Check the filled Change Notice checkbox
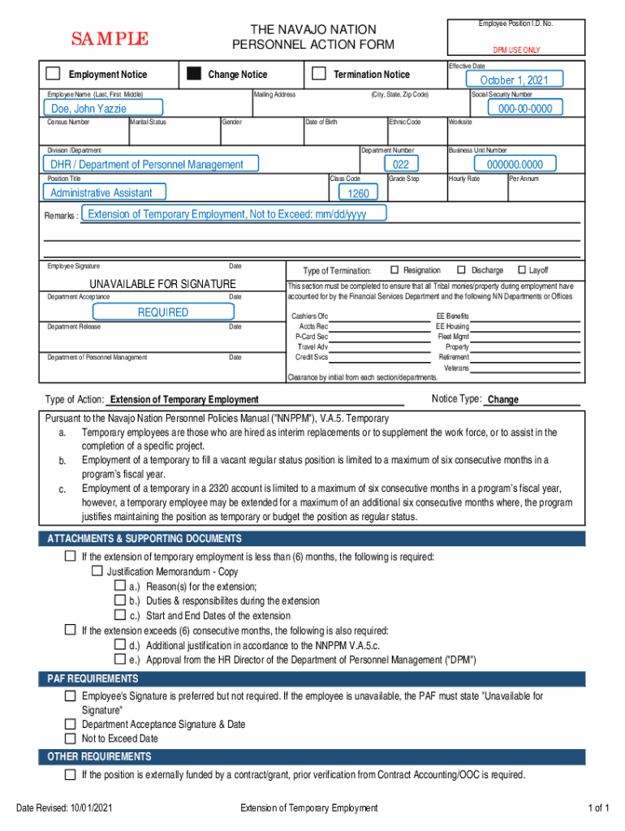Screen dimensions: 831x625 193,74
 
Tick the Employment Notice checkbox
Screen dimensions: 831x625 53,74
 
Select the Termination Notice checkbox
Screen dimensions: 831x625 319,74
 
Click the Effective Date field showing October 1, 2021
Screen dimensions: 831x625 514,80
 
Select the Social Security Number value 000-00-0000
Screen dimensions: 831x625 525,108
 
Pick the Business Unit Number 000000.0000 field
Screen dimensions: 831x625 515,165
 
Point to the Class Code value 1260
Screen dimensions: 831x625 358,193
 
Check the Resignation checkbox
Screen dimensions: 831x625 395,270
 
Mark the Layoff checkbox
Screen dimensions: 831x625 521,270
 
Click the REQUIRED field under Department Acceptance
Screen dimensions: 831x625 162,312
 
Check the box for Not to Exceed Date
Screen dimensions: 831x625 71,738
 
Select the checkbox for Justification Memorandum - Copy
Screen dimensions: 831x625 96,571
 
